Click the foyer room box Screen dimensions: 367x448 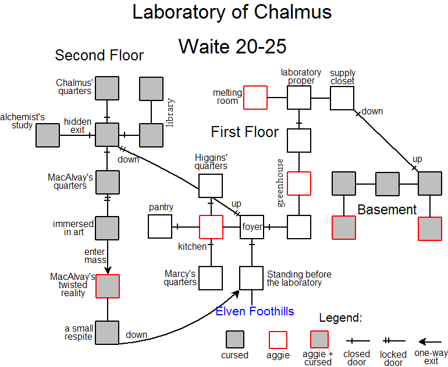pyautogui.click(x=252, y=226)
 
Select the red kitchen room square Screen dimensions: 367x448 pyautogui.click(x=211, y=226)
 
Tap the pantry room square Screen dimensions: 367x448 pyautogui.click(x=159, y=226)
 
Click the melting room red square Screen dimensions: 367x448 pyautogui.click(x=255, y=98)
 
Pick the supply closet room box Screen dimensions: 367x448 pyautogui.click(x=342, y=98)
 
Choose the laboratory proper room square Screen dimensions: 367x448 pyautogui.click(x=299, y=98)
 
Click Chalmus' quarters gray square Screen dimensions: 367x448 pyautogui.click(x=107, y=88)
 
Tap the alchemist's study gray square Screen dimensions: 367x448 pyautogui.click(x=48, y=135)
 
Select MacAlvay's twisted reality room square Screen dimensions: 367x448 pyautogui.click(x=107, y=286)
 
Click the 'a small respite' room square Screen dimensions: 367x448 pyautogui.click(x=107, y=333)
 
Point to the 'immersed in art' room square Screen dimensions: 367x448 pyautogui.click(x=107, y=228)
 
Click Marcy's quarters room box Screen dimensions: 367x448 pyautogui.click(x=211, y=278)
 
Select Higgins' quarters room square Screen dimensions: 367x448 pyautogui.click(x=211, y=186)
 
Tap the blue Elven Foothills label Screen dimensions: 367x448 pyautogui.click(x=255, y=311)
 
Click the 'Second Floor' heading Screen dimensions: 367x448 pyautogui.click(x=99, y=56)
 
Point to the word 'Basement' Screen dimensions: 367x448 pyautogui.click(x=387, y=210)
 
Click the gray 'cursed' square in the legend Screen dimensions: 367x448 pyautogui.click(x=235, y=340)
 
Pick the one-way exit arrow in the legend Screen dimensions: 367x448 pyautogui.click(x=430, y=342)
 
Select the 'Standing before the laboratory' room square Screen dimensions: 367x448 pyautogui.click(x=252, y=278)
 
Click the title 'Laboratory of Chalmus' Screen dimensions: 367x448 pyautogui.click(x=232, y=12)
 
